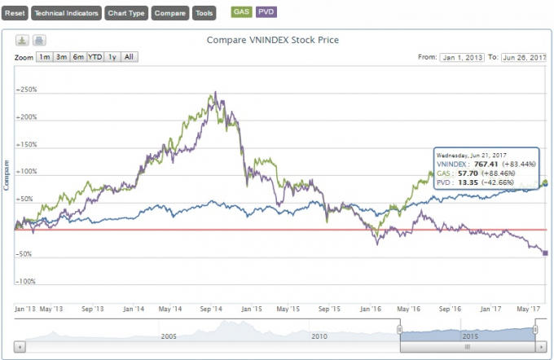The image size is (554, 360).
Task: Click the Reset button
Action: pyautogui.click(x=15, y=13)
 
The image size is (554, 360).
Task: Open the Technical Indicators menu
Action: pyautogui.click(x=67, y=13)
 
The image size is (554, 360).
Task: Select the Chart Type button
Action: pyautogui.click(x=127, y=13)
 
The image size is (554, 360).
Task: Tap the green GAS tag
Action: pyautogui.click(x=241, y=12)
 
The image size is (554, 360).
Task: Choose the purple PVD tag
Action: pyautogui.click(x=266, y=12)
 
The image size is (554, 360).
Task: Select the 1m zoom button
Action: pyautogui.click(x=44, y=57)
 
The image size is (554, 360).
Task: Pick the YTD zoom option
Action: pyautogui.click(x=95, y=57)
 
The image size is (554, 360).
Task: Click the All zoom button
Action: pyautogui.click(x=130, y=57)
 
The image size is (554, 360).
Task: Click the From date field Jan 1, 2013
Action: pyautogui.click(x=462, y=58)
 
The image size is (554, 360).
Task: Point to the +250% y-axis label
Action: pyautogui.click(x=27, y=90)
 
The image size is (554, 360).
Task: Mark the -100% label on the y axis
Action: pyautogui.click(x=27, y=282)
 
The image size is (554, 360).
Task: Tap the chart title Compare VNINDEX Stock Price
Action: pyautogui.click(x=272, y=40)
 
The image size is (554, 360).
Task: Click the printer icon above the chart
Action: pyautogui.click(x=39, y=41)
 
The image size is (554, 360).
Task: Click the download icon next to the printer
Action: pyautogui.click(x=23, y=41)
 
